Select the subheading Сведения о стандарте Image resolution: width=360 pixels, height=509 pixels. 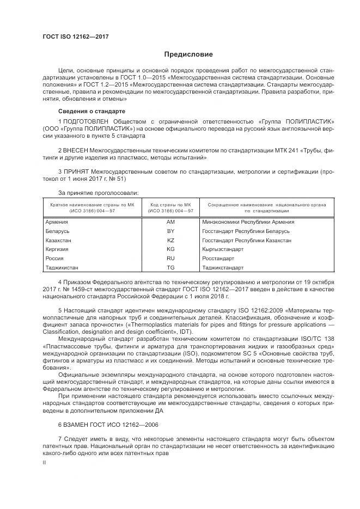(84, 111)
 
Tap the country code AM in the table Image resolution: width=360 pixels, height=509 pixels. (170, 222)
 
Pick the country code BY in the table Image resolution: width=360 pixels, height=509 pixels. (170, 231)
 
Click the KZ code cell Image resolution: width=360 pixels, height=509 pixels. (170, 240)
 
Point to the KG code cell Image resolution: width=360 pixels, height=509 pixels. (170, 249)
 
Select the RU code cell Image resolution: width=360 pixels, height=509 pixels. (170, 258)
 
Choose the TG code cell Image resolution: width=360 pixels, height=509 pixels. (170, 267)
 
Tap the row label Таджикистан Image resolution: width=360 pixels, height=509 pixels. (64, 267)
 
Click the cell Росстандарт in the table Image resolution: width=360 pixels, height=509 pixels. (218, 258)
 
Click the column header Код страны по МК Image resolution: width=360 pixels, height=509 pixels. (170, 204)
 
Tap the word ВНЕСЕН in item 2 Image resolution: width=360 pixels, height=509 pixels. (76, 150)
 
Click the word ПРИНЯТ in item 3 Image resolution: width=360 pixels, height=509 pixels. (76, 170)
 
